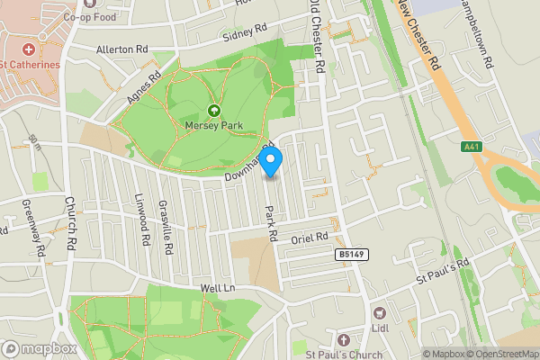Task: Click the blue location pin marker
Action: [272, 162]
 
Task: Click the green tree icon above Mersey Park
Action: [214, 111]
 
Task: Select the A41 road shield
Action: [470, 147]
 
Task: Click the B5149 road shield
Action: [352, 256]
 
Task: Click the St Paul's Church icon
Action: [342, 339]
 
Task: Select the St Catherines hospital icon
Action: [28, 49]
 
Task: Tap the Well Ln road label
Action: [217, 288]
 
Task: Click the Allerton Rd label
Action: [121, 49]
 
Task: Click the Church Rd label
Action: [70, 222]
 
